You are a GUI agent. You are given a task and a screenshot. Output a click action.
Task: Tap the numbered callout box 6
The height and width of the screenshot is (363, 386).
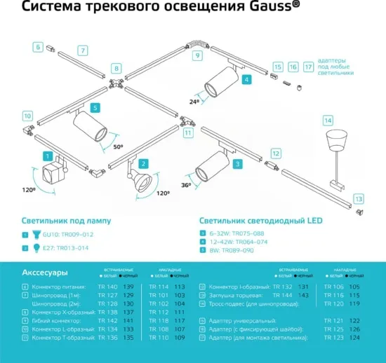38,47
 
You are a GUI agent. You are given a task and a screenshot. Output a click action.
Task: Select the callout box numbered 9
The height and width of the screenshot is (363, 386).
197,55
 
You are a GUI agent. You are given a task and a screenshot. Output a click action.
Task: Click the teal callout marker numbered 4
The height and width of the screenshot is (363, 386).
246,80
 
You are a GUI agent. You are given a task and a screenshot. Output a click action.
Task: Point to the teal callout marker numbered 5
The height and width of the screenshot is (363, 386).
95,108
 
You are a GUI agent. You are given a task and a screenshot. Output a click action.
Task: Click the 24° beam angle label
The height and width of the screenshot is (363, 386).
194,100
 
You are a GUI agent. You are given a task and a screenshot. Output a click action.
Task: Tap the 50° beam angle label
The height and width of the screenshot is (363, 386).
118,146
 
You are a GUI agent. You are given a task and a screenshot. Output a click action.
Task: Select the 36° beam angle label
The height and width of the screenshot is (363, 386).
185,185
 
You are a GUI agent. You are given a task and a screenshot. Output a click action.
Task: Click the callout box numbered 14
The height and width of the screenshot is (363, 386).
328,120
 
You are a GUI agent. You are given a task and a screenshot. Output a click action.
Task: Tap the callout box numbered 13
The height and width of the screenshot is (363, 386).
359,198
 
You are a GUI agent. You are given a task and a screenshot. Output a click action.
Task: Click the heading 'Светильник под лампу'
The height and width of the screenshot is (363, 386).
66,220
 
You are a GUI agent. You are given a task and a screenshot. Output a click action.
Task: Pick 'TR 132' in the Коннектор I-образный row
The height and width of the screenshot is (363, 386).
283,287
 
